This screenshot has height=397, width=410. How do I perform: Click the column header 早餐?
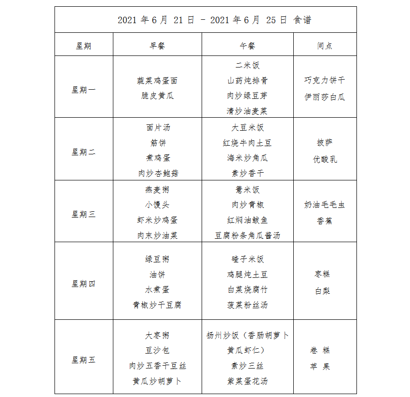[x=158, y=46]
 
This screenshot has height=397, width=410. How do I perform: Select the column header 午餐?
[x=247, y=46]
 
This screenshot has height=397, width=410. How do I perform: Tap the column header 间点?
[x=325, y=46]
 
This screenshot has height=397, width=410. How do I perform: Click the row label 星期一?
[x=83, y=90]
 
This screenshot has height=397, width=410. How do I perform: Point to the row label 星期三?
[x=83, y=214]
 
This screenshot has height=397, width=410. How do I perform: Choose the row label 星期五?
[x=83, y=360]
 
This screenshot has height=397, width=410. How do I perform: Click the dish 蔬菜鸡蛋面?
[x=158, y=81]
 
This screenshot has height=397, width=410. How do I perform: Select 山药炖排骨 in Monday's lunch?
[x=247, y=81]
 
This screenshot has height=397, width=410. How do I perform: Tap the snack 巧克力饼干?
[x=325, y=81]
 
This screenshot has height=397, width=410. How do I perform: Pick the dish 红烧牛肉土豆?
[x=247, y=143]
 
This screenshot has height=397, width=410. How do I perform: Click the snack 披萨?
[x=325, y=143]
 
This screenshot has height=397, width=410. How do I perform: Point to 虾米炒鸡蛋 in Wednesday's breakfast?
[x=158, y=220]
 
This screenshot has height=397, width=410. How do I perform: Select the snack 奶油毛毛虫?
[x=325, y=205]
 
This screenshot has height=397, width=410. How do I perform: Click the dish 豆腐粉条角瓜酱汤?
[x=247, y=236]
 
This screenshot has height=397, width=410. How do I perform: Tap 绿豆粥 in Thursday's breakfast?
[x=158, y=259]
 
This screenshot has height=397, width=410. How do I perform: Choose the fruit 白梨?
[x=323, y=291]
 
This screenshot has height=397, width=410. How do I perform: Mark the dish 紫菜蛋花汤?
[x=247, y=381]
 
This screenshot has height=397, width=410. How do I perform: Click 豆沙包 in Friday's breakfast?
[x=158, y=351]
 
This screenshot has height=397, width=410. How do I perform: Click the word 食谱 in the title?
[x=302, y=20]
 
